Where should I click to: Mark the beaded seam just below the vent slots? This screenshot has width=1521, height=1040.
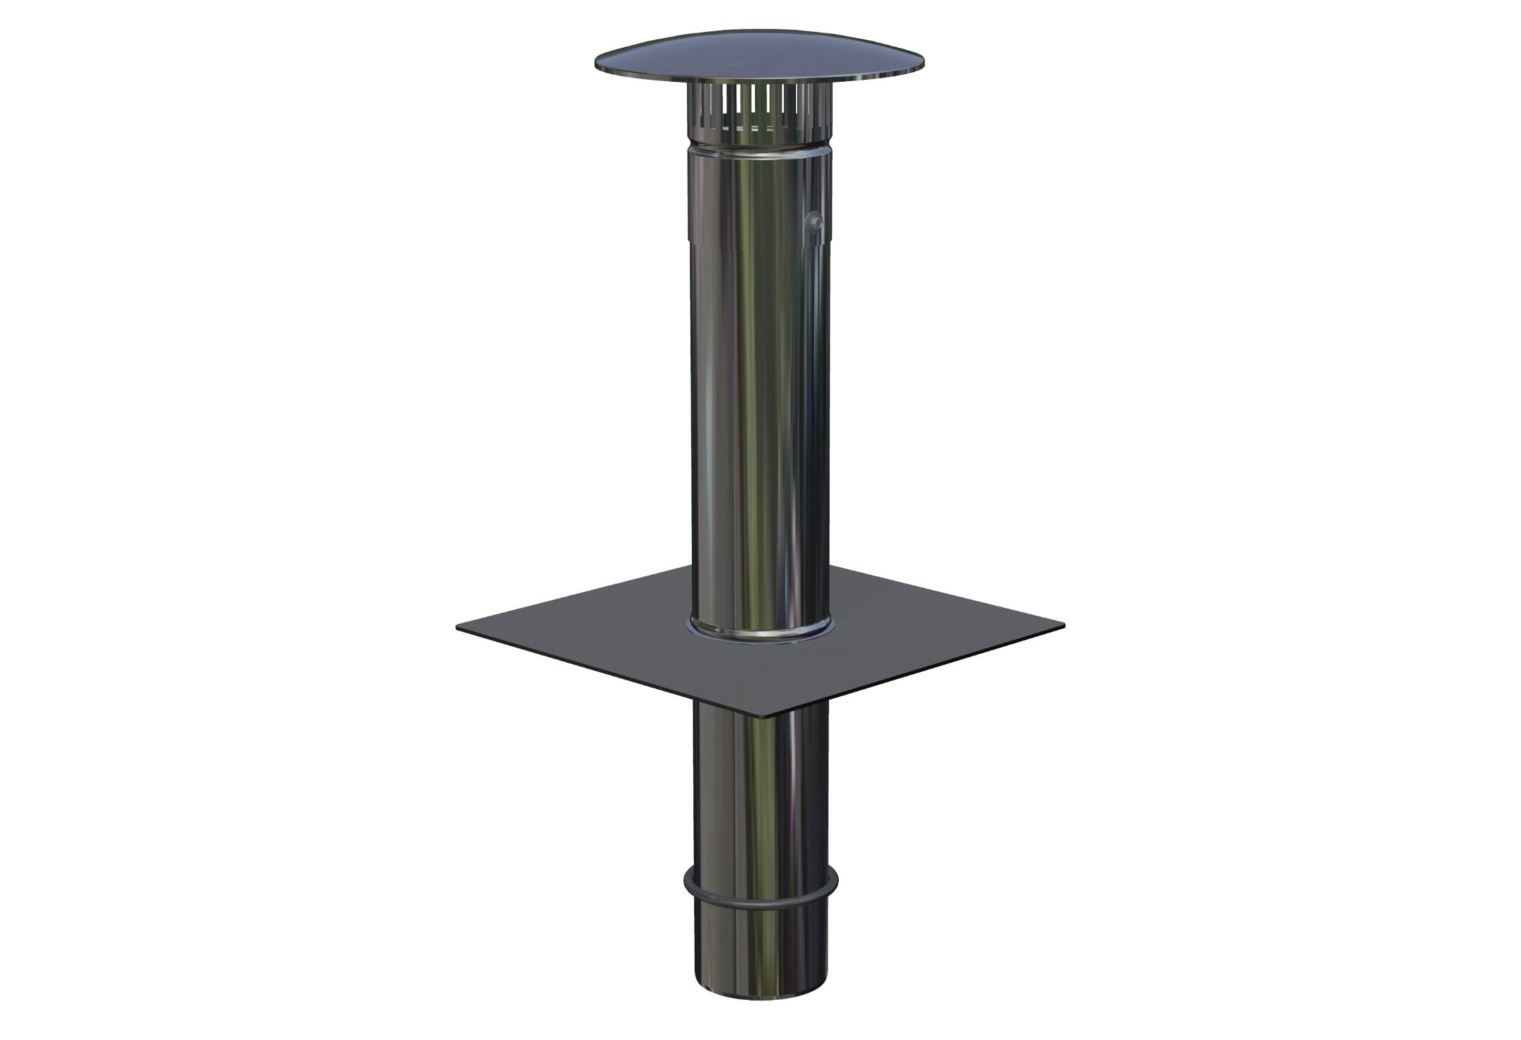759,146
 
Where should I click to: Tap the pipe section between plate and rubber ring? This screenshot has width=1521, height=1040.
760,804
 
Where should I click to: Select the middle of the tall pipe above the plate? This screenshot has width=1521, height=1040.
759,416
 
